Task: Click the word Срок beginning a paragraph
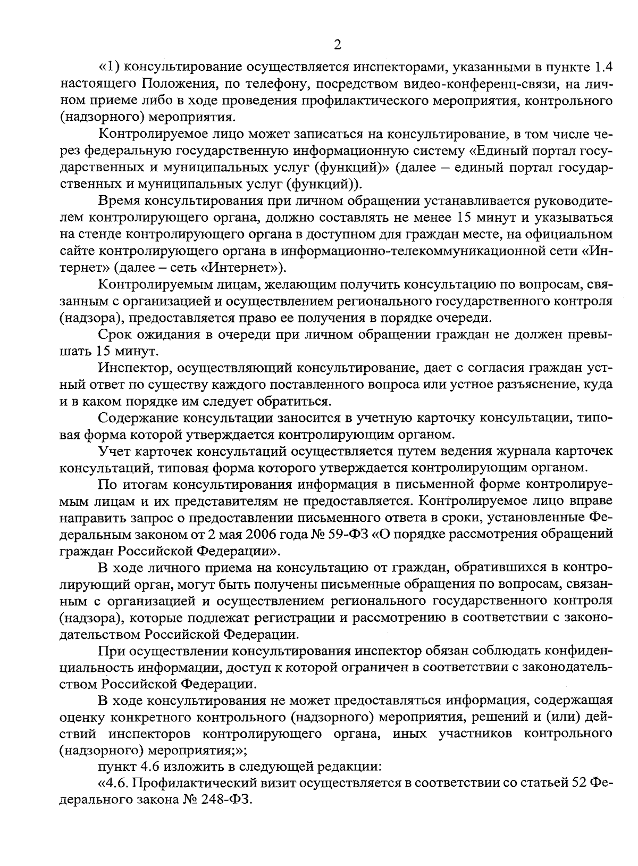pos(115,335)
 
